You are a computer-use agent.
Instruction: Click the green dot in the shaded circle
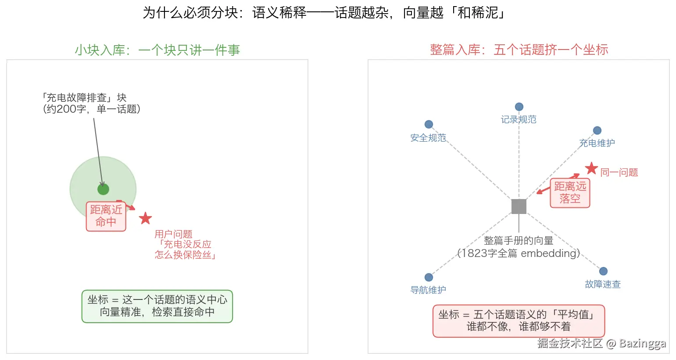click(x=103, y=189)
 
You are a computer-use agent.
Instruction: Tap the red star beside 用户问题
click(x=146, y=218)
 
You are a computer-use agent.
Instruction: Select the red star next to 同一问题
click(x=591, y=168)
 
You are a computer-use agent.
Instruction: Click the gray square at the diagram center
click(x=519, y=207)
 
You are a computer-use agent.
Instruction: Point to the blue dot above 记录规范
click(x=519, y=107)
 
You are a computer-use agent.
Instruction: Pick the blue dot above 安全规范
click(x=429, y=124)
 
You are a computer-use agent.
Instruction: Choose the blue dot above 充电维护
click(x=597, y=130)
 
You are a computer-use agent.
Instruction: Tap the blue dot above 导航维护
click(x=429, y=277)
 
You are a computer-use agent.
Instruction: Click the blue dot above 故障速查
click(x=603, y=271)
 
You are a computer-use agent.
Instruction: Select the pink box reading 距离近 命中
click(x=106, y=216)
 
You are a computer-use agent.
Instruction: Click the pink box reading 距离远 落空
click(x=570, y=193)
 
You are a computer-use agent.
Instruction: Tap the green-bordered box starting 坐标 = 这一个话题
click(x=157, y=307)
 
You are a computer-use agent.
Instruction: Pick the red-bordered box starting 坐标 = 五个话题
click(x=519, y=321)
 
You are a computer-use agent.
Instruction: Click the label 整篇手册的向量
click(x=519, y=240)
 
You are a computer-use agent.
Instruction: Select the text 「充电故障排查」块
click(x=84, y=97)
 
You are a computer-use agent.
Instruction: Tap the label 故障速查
click(x=603, y=284)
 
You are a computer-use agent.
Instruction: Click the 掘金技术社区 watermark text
click(x=570, y=343)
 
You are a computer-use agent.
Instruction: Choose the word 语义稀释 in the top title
click(x=279, y=13)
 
